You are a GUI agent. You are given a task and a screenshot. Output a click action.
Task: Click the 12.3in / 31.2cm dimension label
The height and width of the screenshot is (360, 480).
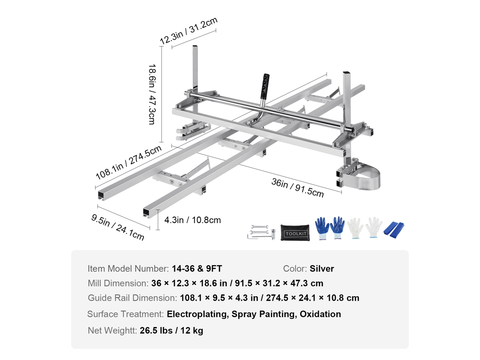tap(189, 31)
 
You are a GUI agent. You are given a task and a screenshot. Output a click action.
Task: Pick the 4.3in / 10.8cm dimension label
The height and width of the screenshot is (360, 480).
tap(192, 220)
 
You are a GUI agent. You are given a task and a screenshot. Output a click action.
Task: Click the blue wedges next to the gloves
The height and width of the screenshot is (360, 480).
tap(394, 229)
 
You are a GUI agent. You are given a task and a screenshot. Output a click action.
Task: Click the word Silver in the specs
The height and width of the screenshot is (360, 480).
tap(322, 269)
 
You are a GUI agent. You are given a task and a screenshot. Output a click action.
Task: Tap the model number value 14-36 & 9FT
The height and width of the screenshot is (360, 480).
tap(197, 269)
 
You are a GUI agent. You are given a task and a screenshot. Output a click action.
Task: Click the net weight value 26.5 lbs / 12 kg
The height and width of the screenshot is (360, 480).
tap(171, 331)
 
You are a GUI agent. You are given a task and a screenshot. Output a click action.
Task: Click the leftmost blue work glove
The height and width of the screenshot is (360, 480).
tap(322, 229)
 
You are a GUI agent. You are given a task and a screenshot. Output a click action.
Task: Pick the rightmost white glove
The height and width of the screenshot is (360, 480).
tap(373, 228)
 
